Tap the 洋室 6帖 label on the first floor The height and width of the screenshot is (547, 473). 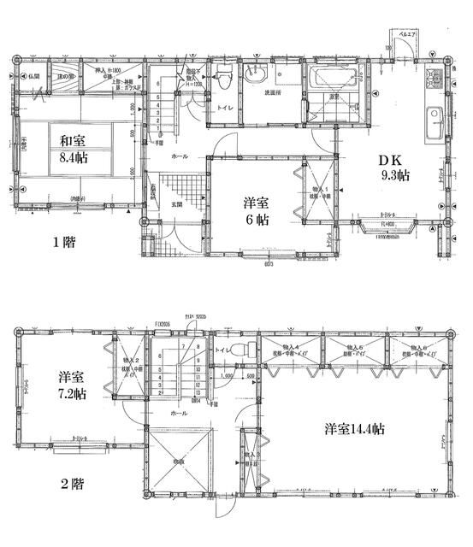point(257,211)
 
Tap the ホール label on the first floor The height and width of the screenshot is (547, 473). point(180,157)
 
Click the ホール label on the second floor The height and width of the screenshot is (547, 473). point(179,412)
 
